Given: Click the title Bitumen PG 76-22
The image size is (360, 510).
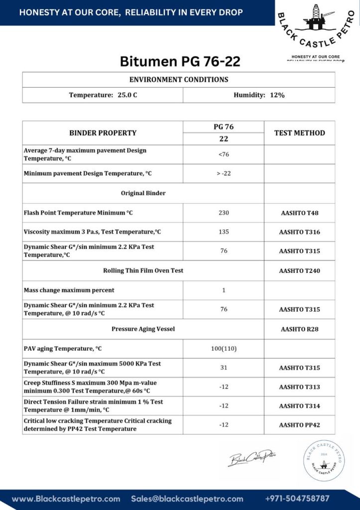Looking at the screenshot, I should [180, 61].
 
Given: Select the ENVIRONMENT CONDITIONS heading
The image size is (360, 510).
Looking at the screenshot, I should [179, 80].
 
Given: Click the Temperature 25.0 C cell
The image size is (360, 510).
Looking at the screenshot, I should [103, 95].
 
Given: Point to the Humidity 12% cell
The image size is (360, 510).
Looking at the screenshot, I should [259, 95].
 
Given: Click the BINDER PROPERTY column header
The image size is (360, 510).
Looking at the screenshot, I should [103, 133].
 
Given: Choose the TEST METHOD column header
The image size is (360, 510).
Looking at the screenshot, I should [299, 133].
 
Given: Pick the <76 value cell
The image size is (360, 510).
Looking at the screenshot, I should [224, 155].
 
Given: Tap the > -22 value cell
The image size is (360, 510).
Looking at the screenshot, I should [224, 174].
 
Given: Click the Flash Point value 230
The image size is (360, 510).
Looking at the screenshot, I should [224, 213].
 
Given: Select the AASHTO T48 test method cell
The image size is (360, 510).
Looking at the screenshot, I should [299, 213].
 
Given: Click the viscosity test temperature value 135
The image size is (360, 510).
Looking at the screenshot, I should [224, 232].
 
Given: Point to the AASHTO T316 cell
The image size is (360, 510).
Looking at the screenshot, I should [299, 232].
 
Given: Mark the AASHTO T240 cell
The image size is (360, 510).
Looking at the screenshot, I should [299, 271].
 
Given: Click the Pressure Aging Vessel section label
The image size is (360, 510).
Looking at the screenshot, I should [143, 329].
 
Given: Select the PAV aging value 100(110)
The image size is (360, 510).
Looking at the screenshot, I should [224, 349].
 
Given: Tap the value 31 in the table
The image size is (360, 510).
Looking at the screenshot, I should [224, 368].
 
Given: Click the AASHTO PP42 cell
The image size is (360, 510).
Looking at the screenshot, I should [299, 425].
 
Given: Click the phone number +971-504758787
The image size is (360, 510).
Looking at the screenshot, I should [297, 499].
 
